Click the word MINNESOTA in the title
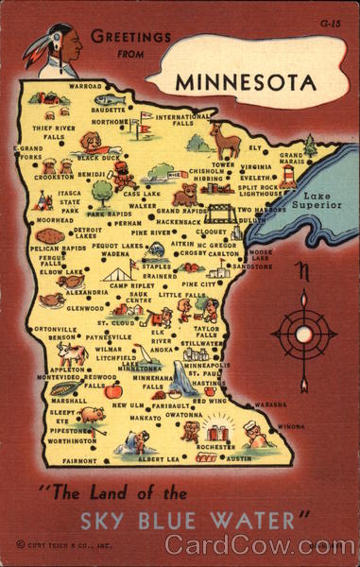(x=246, y=81)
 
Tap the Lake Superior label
(x=317, y=199)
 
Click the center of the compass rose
(x=302, y=333)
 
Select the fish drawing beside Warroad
(x=111, y=99)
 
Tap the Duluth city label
(x=252, y=219)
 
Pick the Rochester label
(x=216, y=446)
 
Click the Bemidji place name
(x=92, y=174)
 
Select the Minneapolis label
(x=207, y=365)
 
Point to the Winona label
(x=291, y=426)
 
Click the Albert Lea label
(x=158, y=458)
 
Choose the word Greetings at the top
(x=131, y=37)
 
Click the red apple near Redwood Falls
(x=113, y=390)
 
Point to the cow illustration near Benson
(x=72, y=353)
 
